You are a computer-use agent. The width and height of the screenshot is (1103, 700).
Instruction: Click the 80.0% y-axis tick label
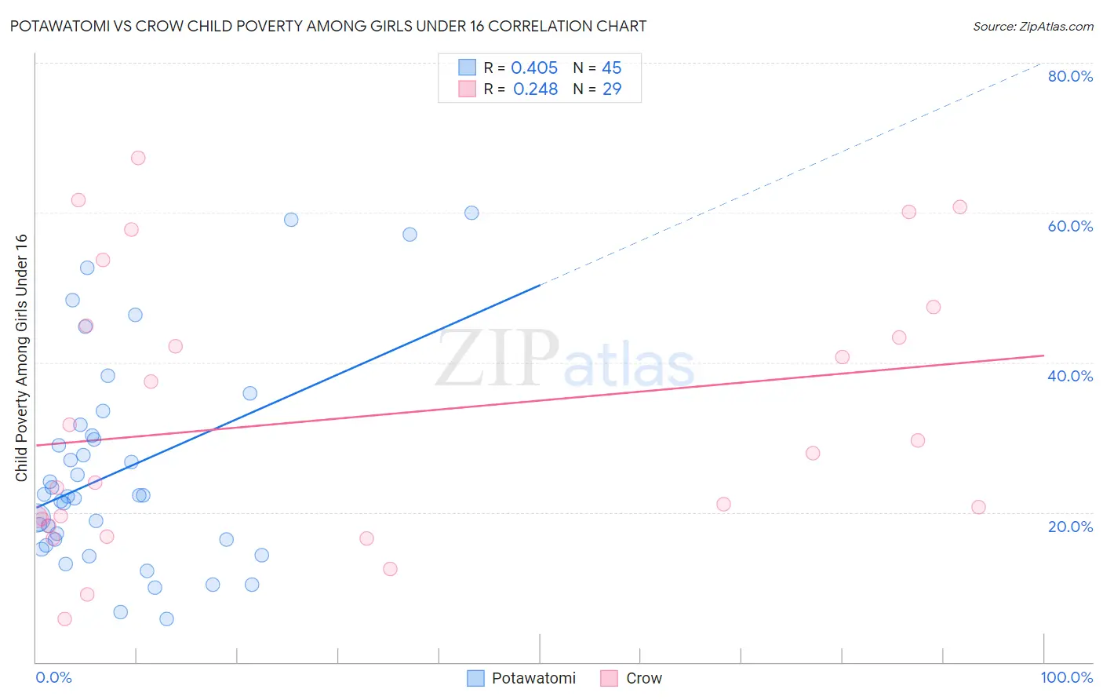(1069, 76)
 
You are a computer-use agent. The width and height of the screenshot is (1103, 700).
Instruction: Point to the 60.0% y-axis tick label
(1069, 226)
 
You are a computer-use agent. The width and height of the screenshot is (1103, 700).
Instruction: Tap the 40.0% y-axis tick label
(1069, 376)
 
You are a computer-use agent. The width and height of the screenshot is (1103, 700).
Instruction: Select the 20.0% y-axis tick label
(1069, 527)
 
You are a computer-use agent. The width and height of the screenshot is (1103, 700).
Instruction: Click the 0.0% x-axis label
(53, 678)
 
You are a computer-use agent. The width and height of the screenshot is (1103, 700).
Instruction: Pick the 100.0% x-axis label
(1066, 678)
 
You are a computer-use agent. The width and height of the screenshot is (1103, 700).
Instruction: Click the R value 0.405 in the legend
(534, 67)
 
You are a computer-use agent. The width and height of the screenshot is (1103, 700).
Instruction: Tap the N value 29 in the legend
(612, 89)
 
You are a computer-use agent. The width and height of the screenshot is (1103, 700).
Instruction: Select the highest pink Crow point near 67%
(138, 158)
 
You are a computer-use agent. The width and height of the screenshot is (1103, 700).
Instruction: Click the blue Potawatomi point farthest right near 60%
(471, 213)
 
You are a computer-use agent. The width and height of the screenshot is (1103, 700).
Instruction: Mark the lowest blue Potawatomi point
(166, 619)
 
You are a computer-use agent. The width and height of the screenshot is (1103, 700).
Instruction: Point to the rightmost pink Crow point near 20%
(978, 507)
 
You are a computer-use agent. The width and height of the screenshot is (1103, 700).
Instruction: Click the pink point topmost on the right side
(959, 207)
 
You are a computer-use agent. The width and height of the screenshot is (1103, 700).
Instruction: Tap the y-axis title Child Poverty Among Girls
(21, 358)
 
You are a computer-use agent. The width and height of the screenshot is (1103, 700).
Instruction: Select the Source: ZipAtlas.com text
(1032, 26)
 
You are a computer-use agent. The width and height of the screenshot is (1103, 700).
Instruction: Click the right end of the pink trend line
(1043, 355)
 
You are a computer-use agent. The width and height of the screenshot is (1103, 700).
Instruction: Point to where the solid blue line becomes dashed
(541, 285)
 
